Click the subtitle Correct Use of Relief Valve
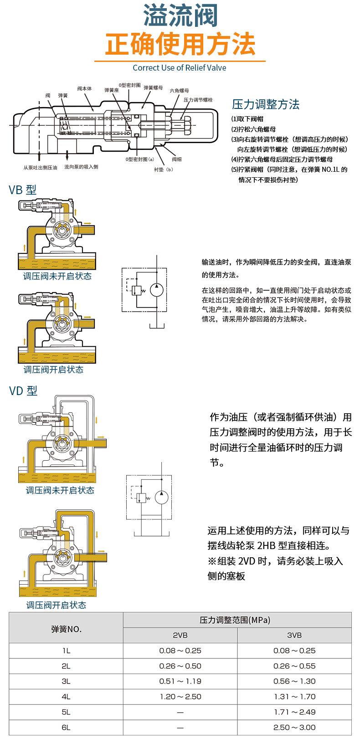point(180,68)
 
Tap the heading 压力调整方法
point(266,104)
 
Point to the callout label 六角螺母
point(179,91)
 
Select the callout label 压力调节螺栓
point(198,99)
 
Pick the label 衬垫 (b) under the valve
point(164,170)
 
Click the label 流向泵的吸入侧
point(81,167)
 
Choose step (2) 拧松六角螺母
point(254,129)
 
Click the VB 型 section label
point(23,190)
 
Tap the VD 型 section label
point(23,390)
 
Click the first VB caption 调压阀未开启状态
point(57,277)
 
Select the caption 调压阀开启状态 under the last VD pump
point(56,605)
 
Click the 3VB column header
point(294,635)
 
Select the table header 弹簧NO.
point(66,629)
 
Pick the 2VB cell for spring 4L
point(180,697)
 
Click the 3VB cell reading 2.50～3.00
point(294,727)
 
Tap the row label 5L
point(66,712)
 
